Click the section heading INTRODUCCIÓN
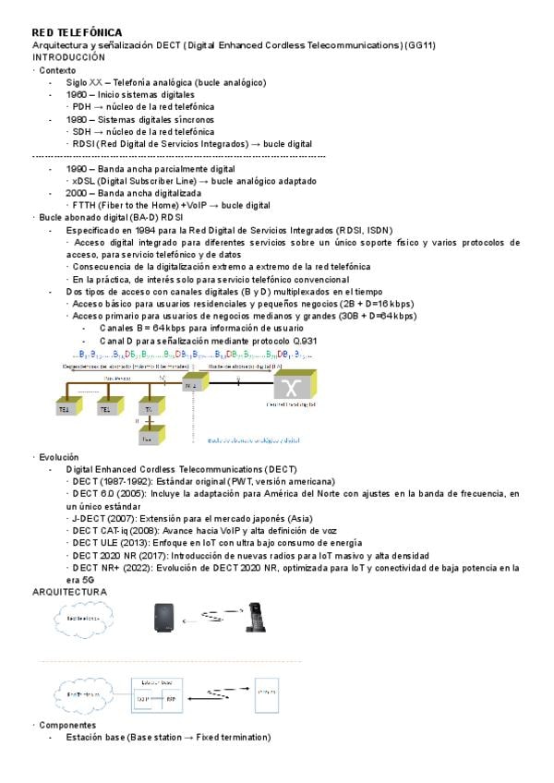[x=69, y=57]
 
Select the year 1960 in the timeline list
[x=77, y=94]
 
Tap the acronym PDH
[x=81, y=106]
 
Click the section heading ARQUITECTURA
[x=69, y=591]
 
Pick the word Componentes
[x=67, y=726]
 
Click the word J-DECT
[x=89, y=518]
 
